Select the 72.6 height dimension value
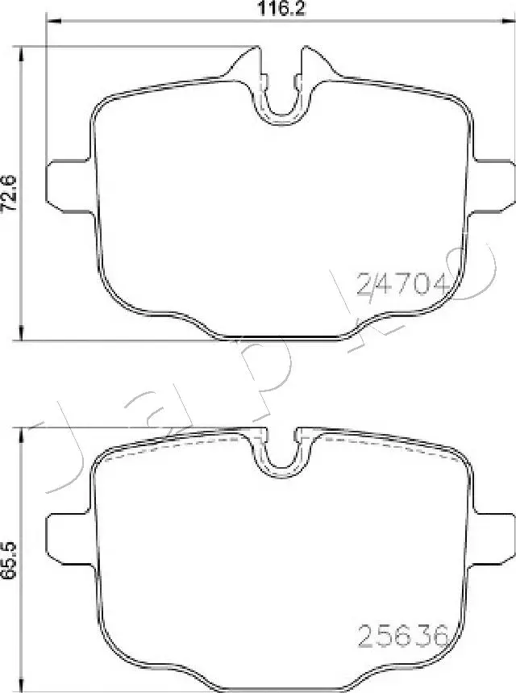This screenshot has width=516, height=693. click(10, 194)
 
